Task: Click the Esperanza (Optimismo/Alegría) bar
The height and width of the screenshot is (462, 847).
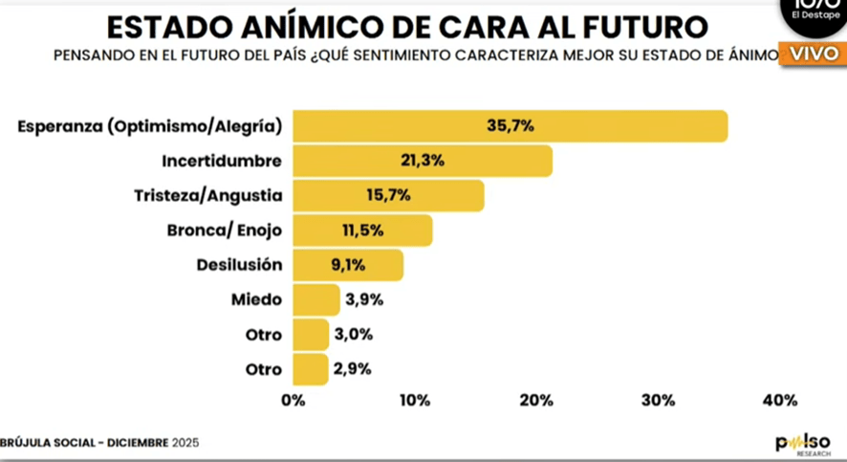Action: point(510,126)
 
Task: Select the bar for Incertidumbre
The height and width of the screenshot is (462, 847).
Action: point(422,161)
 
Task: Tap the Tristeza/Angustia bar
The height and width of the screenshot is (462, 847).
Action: point(388,195)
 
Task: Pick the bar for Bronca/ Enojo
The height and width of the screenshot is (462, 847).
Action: point(362,231)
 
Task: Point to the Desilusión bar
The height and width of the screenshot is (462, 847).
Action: point(347,265)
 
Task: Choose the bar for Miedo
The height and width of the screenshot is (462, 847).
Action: point(315,299)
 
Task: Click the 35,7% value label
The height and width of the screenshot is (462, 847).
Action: point(510,126)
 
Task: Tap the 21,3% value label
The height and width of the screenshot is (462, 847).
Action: point(422,161)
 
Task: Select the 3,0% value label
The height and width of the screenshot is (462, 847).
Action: point(353,335)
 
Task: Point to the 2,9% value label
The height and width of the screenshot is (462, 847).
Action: point(351,369)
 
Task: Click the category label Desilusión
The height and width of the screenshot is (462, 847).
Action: point(239,265)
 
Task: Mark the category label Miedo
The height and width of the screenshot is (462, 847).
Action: point(256,299)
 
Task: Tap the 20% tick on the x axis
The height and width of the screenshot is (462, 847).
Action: point(537,400)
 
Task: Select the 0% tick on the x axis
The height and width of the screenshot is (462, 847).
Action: point(293,400)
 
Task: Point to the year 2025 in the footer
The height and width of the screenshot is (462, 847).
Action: point(185,443)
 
